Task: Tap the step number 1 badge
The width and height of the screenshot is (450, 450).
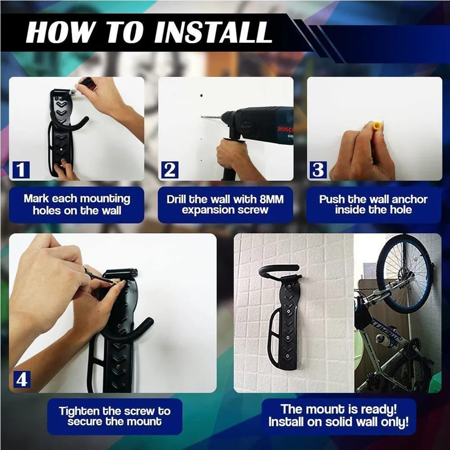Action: coord(21,170)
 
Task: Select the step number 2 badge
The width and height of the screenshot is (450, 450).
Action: coord(170,170)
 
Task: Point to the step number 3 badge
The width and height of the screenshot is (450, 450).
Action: coord(318,170)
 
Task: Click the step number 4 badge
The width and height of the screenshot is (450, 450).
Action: coord(22,379)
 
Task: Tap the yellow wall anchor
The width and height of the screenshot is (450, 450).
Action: coord(376,127)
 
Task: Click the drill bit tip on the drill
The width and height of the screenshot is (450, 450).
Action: coord(203,117)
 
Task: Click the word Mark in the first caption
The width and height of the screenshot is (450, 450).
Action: coord(36,198)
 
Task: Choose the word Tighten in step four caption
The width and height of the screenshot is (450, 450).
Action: coord(79,411)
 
